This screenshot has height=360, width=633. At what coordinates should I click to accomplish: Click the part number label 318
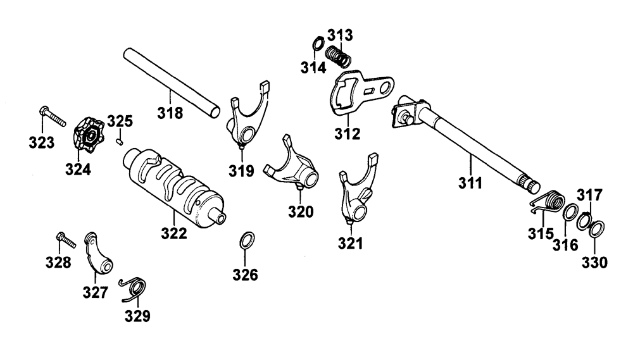(170, 114)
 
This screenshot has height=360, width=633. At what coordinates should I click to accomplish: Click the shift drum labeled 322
(175, 189)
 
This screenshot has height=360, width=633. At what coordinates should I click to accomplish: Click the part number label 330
(595, 261)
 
